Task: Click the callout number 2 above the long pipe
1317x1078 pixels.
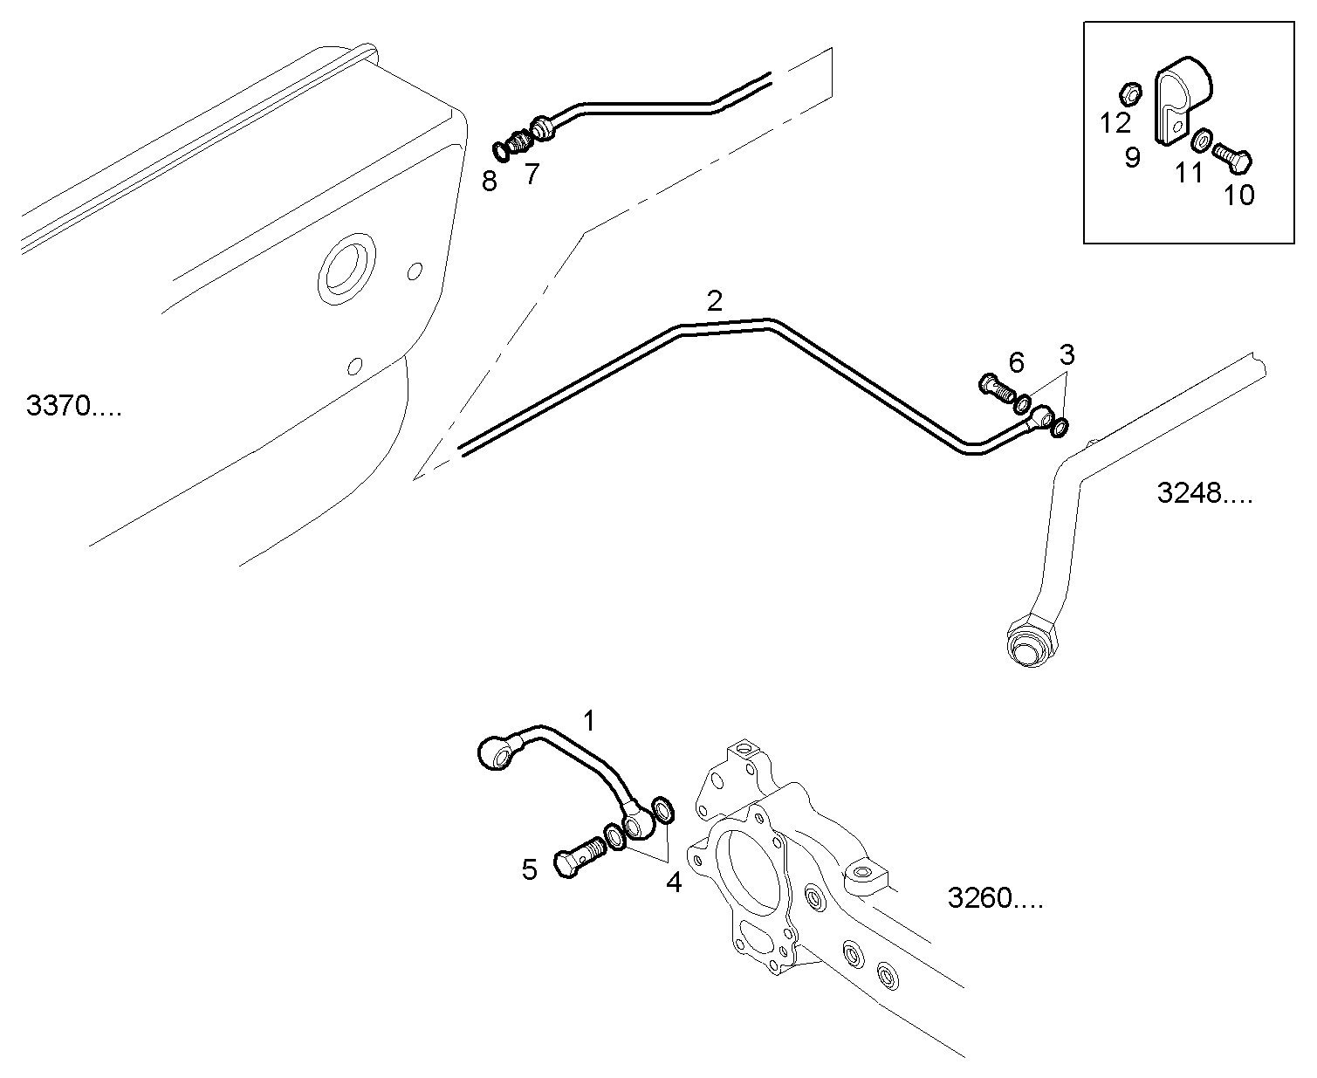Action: click(x=714, y=302)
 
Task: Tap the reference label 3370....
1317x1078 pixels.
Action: click(x=74, y=407)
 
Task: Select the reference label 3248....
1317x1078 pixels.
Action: click(x=1204, y=494)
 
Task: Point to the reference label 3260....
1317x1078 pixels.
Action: click(x=994, y=898)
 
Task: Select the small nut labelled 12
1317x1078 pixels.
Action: click(x=1128, y=92)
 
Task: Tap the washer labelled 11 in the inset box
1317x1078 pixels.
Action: click(x=1202, y=139)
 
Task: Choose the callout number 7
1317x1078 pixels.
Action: click(x=532, y=175)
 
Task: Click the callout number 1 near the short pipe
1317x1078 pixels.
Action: click(x=589, y=721)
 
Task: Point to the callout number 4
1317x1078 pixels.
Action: click(x=673, y=882)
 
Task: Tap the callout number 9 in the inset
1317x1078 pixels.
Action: click(x=1132, y=158)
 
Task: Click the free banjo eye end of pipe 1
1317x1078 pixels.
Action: click(x=495, y=753)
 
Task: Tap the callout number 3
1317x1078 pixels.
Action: click(x=1067, y=355)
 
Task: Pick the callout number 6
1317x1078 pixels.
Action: click(x=1016, y=361)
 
